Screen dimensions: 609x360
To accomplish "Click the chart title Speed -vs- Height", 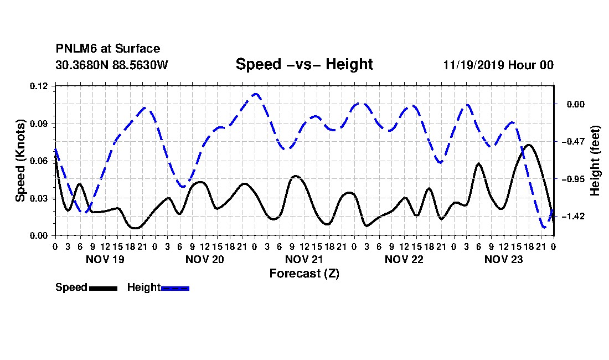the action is click(304, 64).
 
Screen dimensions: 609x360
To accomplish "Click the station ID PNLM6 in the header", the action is click(76, 49).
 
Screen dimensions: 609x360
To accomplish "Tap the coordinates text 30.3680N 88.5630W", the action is click(111, 65).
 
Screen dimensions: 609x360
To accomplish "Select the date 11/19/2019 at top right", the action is click(474, 65).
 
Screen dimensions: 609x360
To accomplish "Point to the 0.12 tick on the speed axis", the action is click(39, 86).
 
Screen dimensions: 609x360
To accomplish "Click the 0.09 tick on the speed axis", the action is click(39, 124).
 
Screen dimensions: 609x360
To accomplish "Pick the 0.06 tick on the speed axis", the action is click(39, 161).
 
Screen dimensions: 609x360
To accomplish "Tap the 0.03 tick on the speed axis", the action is click(39, 198).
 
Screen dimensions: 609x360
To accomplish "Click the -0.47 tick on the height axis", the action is click(572, 141).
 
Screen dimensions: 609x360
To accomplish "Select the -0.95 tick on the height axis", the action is click(572, 179).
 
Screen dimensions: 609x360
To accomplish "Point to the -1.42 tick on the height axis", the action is click(572, 217).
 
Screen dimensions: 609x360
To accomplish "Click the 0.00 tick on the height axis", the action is click(576, 104).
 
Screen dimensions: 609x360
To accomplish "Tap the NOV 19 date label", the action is click(105, 259).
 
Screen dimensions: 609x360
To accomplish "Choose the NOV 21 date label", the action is click(304, 259).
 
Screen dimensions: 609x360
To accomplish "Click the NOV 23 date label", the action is click(504, 259).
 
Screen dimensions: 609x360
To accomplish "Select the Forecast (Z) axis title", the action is click(304, 274).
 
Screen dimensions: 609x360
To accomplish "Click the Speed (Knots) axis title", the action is click(20, 161).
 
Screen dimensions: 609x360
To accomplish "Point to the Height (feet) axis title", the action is click(595, 161).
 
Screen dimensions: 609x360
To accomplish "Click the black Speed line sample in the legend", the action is click(103, 288).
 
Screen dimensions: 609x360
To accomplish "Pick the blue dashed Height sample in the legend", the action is click(175, 288).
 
